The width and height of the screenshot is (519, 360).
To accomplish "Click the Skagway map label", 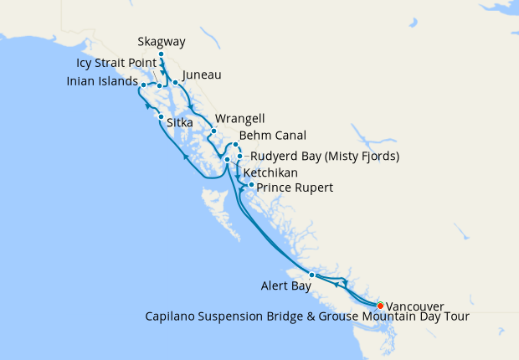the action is tap(161, 41).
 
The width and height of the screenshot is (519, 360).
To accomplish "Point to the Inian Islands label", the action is tap(102, 82).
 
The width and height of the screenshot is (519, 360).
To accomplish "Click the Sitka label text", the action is tap(180, 123).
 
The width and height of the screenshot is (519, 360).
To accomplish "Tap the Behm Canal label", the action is tap(272, 135).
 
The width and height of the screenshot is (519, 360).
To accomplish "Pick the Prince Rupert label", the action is tap(295, 188).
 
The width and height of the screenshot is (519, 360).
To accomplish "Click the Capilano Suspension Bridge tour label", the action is tap(306, 316).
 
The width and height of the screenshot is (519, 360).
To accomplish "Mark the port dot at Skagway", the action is tap(161, 54).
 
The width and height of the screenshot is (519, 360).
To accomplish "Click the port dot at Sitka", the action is tap(160, 117).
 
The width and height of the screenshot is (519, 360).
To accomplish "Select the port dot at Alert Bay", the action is tap(311, 275).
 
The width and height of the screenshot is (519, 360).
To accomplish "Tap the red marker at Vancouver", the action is tap(381, 305).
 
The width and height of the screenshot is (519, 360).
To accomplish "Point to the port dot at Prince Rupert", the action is tap(251, 184).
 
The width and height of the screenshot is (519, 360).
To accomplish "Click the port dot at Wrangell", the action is tap(213, 131).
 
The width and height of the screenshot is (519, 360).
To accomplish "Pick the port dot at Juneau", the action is tap(175, 82).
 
